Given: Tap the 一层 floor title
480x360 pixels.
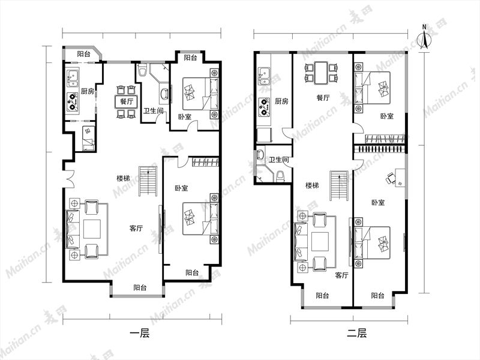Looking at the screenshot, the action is (x=140, y=333).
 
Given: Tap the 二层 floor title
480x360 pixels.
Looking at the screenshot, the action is (x=356, y=333).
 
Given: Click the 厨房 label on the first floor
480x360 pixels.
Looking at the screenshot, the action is (x=87, y=91).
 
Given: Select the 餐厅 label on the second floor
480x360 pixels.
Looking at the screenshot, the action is (x=323, y=98).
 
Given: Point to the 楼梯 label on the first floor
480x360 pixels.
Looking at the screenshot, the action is (x=123, y=178).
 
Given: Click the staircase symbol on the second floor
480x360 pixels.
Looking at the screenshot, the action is (x=339, y=186).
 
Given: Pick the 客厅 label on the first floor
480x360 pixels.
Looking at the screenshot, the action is (x=136, y=229).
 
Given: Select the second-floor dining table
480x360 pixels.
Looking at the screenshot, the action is (x=321, y=73).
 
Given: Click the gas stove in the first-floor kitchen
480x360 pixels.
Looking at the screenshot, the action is (x=73, y=101).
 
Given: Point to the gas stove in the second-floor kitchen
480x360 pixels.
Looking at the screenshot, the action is (x=264, y=107).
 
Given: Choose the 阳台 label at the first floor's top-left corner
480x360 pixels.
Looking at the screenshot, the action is (x=83, y=54).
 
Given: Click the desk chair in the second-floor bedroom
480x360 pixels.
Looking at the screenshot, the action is (x=391, y=178).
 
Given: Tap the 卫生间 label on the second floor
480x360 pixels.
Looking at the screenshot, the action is (x=278, y=160).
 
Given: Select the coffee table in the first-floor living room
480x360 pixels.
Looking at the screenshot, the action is (x=92, y=229).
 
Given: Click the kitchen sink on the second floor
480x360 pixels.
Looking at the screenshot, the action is (x=263, y=76).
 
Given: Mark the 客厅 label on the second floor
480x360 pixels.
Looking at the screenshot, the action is (x=341, y=275).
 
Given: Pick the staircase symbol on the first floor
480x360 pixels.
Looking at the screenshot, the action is (x=148, y=181).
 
